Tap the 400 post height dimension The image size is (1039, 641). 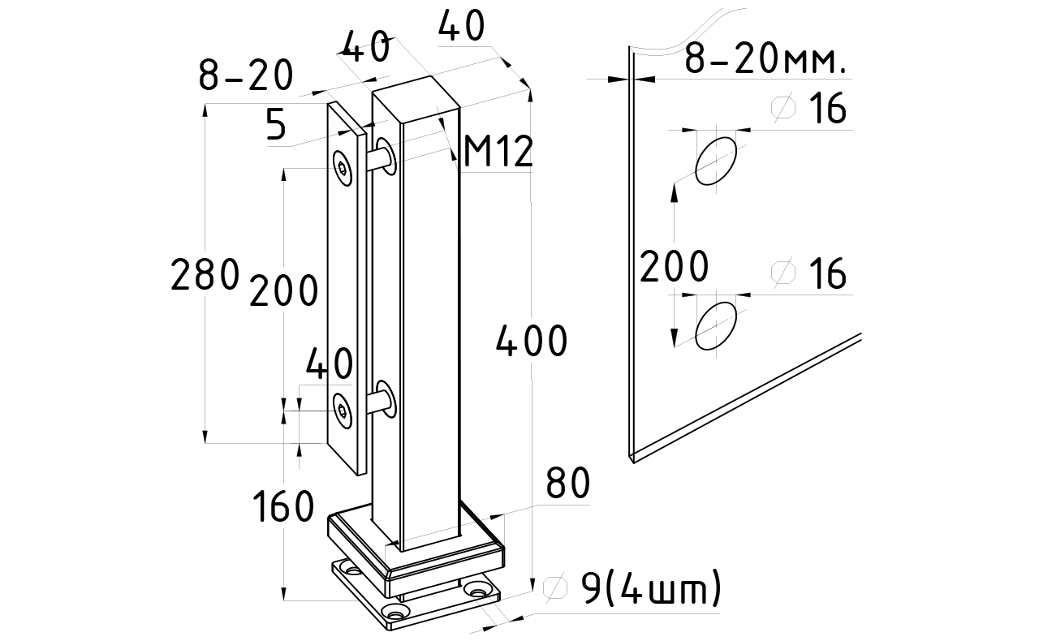pos(532,341)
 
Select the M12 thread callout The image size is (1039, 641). pos(498,152)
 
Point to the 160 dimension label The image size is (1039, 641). pos(283,506)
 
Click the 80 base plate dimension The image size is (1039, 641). pos(567,483)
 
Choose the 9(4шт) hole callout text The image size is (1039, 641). pos(652,587)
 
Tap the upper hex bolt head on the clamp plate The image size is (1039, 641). pos(343,169)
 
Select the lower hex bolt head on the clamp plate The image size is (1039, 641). pos(343,411)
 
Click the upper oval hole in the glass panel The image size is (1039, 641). pos(715,161)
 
